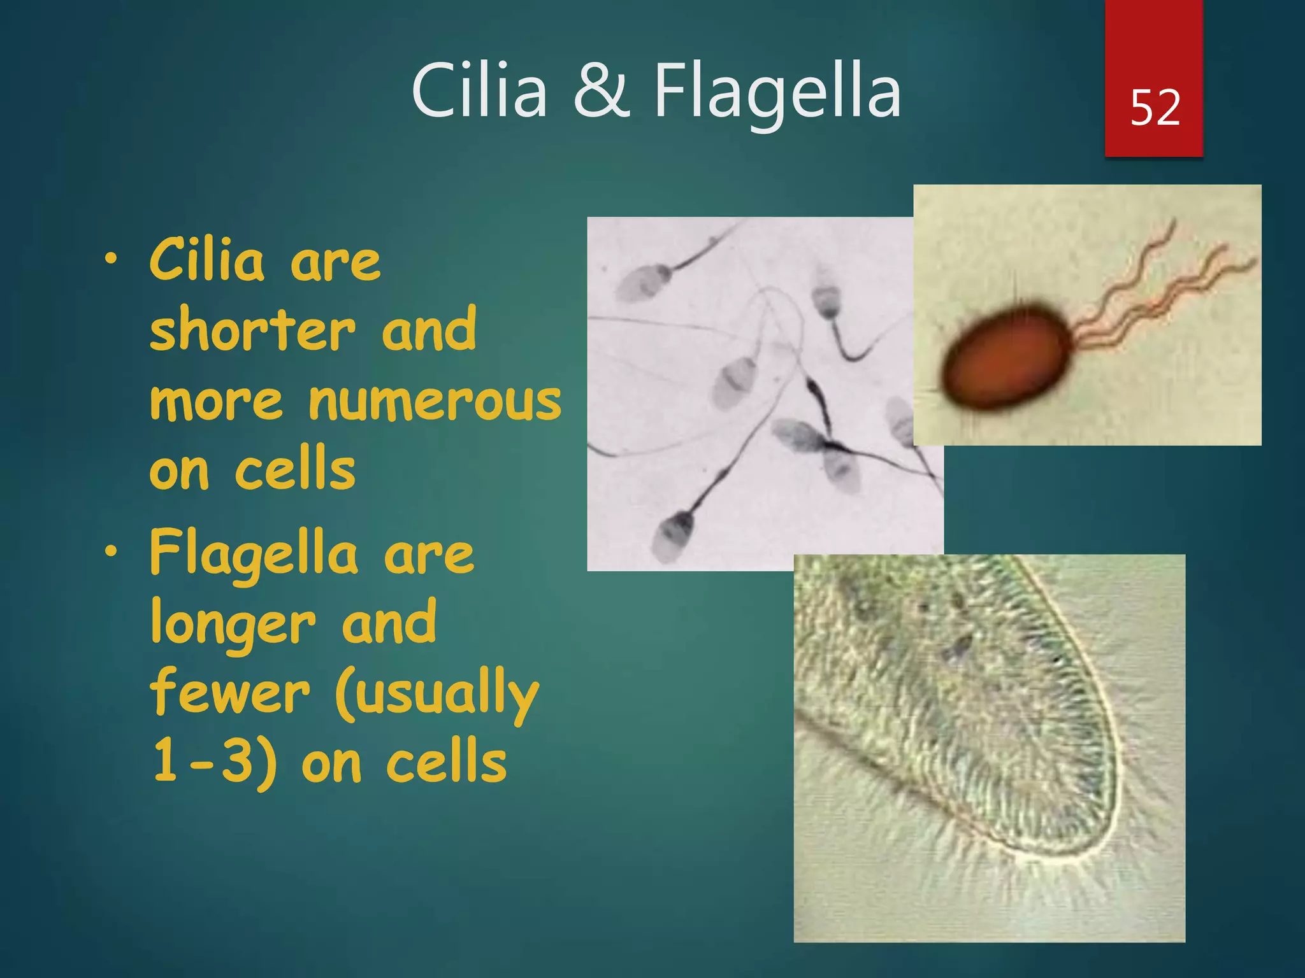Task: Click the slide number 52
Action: [1155, 107]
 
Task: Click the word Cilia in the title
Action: [479, 91]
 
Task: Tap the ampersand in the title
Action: [601, 91]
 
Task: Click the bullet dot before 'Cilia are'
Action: [112, 259]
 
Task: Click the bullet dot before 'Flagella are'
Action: [112, 551]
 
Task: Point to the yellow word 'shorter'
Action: [252, 329]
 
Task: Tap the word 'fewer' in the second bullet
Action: [230, 693]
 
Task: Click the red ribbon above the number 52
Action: [1153, 38]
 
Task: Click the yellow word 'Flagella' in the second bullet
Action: [254, 553]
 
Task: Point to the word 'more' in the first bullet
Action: [216, 402]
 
